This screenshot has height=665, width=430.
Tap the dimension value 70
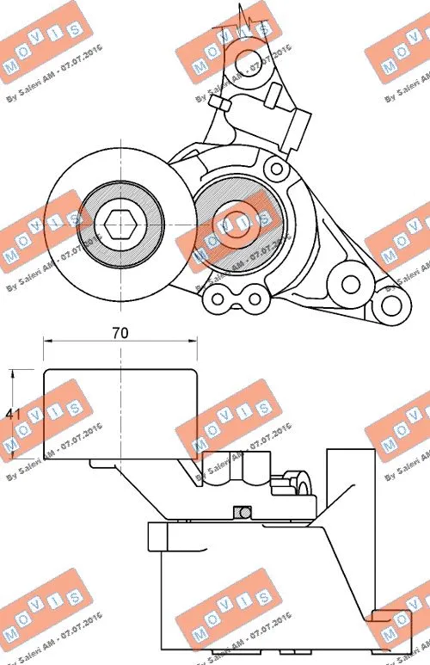(120, 333)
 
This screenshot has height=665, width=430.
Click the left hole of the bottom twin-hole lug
(218, 300)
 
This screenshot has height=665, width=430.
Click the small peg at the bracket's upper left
(218, 104)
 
